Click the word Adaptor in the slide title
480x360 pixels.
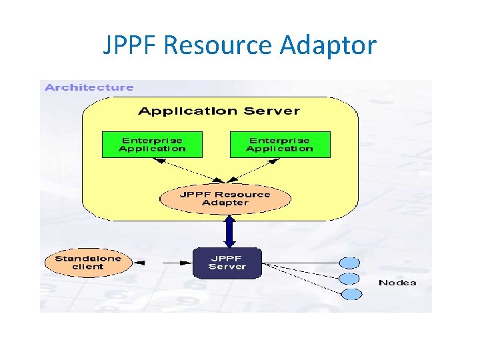(328, 46)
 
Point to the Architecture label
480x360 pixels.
(89, 87)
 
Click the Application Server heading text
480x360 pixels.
(219, 111)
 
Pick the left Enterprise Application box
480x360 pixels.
(151, 145)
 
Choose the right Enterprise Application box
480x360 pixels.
(279, 145)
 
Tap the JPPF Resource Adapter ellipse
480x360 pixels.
(225, 199)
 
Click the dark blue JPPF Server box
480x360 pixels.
(227, 263)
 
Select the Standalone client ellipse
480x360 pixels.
(88, 263)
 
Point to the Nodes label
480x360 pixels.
(397, 283)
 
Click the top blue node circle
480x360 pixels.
(350, 263)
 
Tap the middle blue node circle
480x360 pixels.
(350, 279)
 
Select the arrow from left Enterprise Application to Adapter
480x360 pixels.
(186, 169)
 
